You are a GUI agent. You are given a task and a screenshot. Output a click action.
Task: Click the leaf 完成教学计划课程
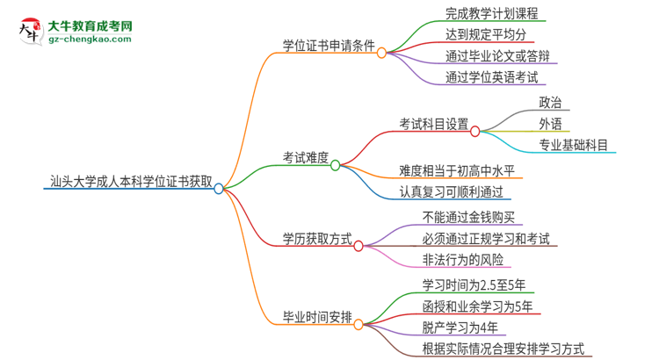(482, 14)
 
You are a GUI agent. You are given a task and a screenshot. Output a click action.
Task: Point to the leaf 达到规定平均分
(474, 35)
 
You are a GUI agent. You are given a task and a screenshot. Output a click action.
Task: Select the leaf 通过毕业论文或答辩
(487, 55)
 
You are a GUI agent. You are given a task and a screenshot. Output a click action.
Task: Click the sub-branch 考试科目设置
(433, 124)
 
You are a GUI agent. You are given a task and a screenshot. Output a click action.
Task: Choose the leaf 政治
(551, 103)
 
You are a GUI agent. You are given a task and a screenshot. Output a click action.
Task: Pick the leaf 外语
(551, 124)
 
